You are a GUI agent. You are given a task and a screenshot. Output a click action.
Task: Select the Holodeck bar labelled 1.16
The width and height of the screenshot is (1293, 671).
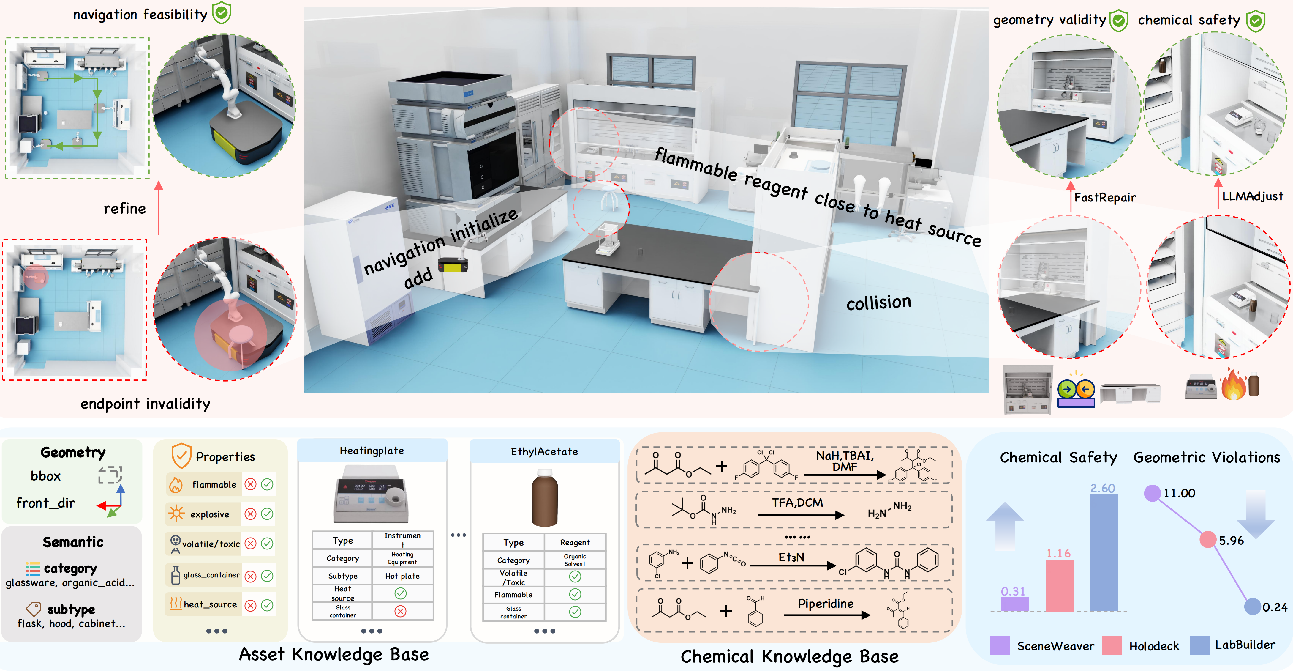[1060, 586]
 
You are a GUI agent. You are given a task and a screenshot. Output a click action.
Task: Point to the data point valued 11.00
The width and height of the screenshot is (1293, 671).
[1153, 493]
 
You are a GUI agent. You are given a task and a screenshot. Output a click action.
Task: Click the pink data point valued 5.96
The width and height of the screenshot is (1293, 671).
[1208, 540]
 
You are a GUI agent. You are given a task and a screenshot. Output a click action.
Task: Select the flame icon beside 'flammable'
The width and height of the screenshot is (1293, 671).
[176, 485]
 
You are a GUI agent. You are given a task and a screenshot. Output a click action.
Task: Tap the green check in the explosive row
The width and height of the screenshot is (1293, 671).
[267, 514]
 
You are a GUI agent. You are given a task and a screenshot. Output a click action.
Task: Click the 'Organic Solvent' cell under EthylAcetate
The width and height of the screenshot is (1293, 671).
[575, 560]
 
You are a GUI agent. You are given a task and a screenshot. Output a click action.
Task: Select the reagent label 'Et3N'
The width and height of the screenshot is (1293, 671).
[791, 557]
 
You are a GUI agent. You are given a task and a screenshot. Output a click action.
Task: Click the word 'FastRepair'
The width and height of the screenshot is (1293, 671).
[1105, 197]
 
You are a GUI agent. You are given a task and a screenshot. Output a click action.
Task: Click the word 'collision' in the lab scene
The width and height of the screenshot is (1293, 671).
[878, 302]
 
